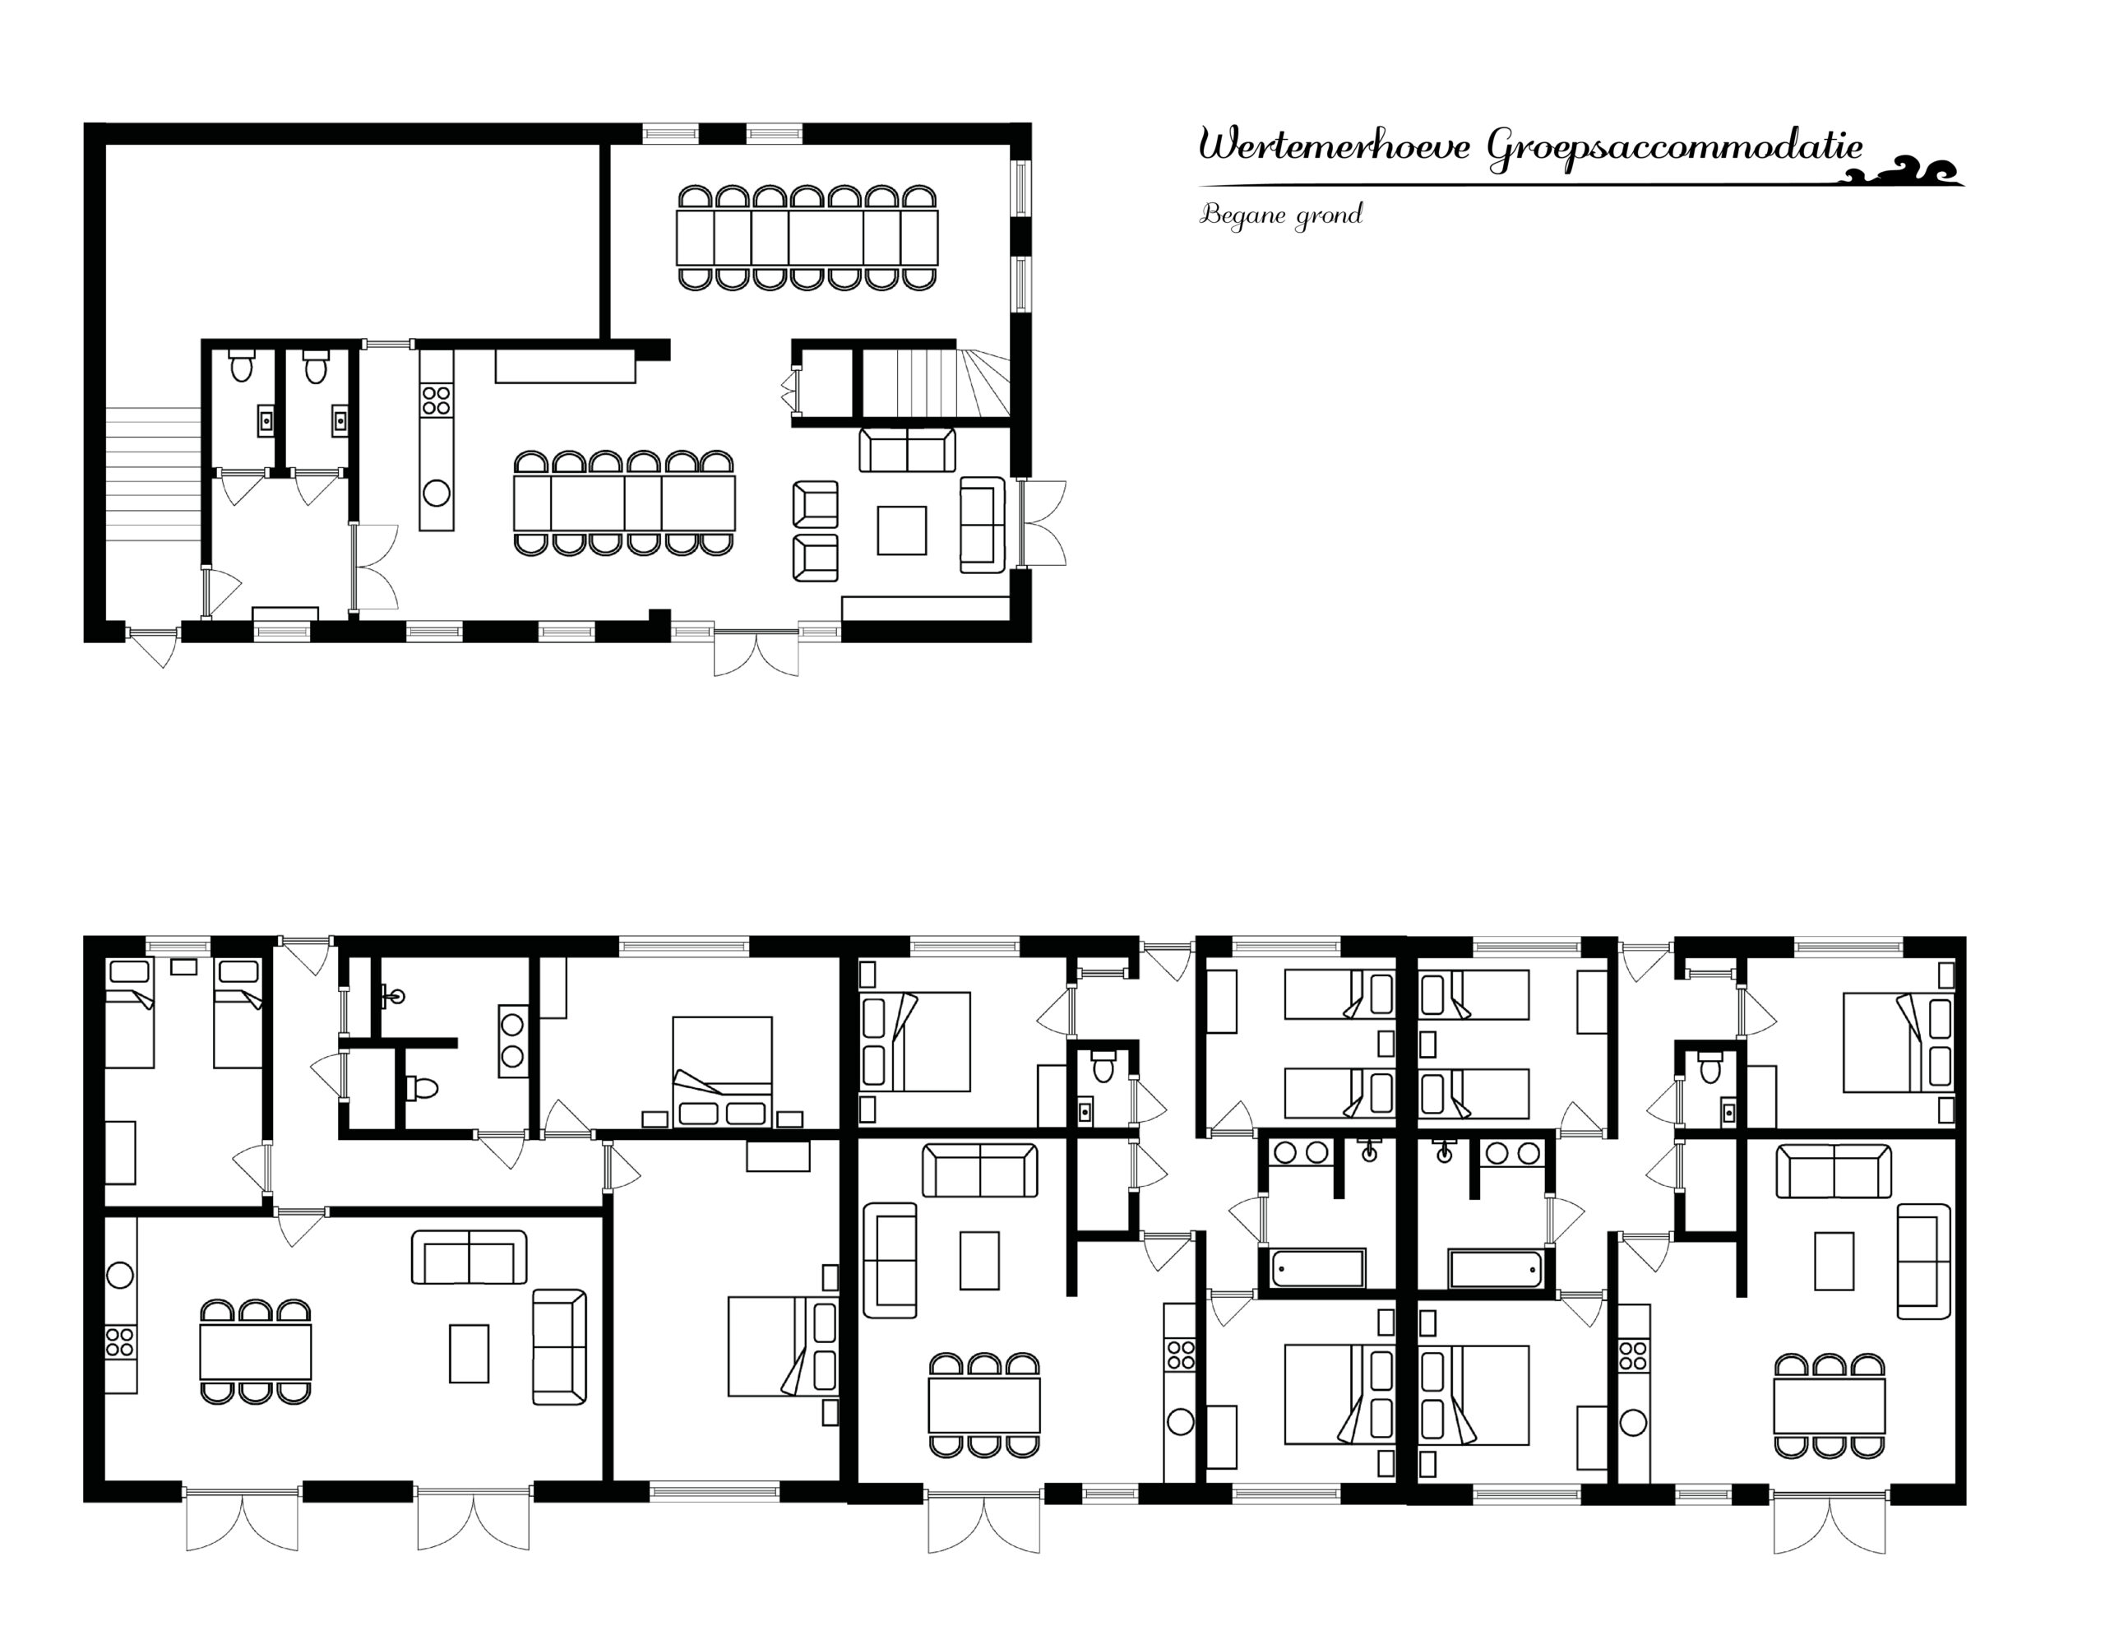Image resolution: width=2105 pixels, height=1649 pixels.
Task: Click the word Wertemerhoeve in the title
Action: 1335,146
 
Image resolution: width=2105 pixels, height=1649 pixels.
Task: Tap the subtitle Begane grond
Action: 1281,215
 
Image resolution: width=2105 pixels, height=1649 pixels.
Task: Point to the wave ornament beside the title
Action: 1900,171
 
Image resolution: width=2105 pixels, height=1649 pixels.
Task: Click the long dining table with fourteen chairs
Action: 807,238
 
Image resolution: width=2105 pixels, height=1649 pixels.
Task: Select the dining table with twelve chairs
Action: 624,503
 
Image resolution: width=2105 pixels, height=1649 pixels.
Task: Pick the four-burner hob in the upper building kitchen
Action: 437,400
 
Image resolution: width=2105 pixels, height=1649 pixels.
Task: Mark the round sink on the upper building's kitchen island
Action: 437,493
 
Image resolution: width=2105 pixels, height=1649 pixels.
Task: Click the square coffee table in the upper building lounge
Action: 901,530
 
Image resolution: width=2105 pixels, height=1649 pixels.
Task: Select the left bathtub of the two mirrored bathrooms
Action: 1317,1267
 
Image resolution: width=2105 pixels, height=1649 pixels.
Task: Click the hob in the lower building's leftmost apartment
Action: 120,1342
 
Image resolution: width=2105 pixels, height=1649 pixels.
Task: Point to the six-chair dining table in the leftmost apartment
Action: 256,1351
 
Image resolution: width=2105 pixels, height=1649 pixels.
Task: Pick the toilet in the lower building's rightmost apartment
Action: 1710,1066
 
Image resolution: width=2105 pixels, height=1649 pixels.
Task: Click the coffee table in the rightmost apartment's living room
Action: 1834,1261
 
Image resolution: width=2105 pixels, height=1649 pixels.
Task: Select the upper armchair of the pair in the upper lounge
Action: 816,504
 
